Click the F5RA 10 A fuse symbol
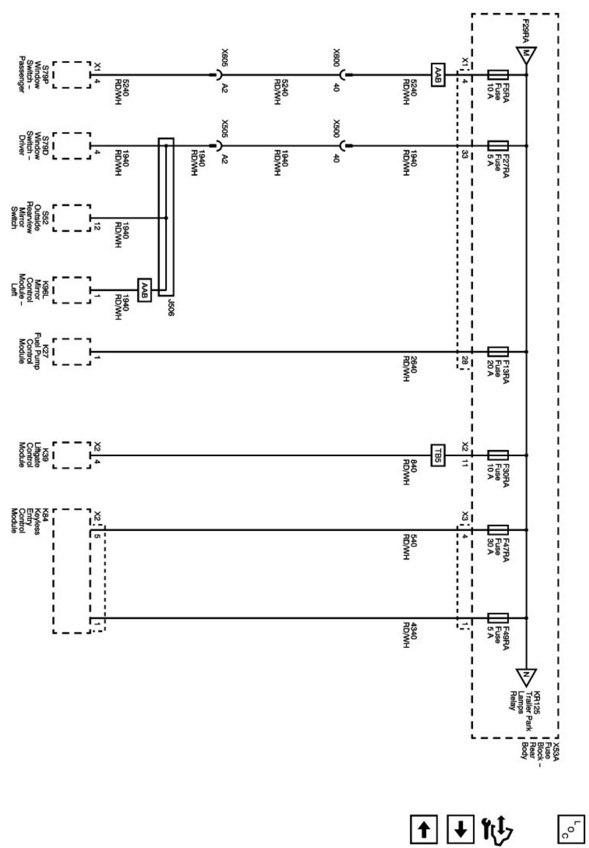(498, 75)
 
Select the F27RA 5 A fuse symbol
(498, 146)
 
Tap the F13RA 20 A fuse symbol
(498, 352)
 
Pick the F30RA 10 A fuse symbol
(498, 455)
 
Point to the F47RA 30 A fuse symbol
(498, 530)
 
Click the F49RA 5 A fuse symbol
(498, 618)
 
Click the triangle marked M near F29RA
(526, 53)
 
